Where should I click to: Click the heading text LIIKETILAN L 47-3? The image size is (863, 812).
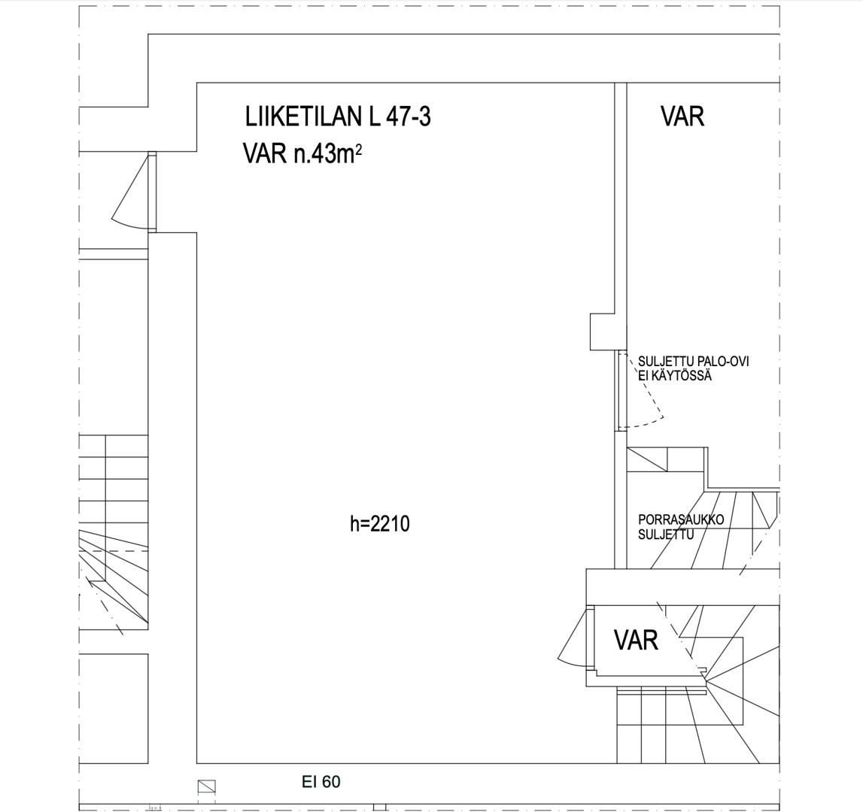click(337, 117)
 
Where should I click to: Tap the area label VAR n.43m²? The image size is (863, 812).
click(302, 155)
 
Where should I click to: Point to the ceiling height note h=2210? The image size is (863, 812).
click(380, 524)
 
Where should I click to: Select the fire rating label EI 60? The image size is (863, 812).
click(321, 781)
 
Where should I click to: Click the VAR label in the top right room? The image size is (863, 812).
click(682, 117)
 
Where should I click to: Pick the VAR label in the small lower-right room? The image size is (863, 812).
click(636, 640)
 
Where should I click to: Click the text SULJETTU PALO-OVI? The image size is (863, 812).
click(694, 362)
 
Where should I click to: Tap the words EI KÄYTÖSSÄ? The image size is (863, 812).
click(675, 376)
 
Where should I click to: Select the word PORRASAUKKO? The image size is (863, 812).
click(681, 520)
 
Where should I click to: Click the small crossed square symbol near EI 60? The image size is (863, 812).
click(206, 786)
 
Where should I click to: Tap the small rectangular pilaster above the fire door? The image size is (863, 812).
click(602, 332)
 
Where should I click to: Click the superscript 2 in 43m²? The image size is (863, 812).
click(357, 150)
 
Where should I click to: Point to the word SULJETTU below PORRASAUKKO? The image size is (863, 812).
click(666, 534)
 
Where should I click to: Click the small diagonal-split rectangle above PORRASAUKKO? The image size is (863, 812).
click(647, 459)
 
